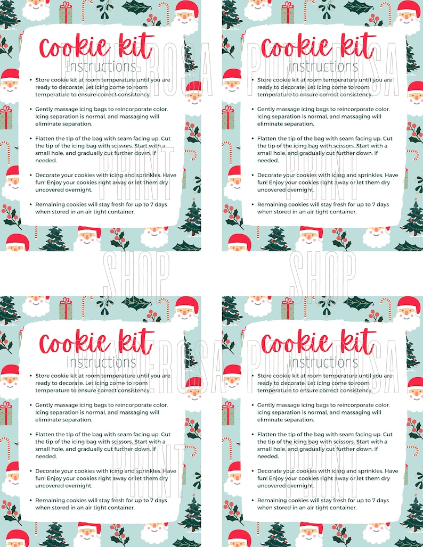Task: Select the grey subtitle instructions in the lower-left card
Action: [x=101, y=362]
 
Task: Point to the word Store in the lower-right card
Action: [x=265, y=376]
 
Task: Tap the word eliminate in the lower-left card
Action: [x=48, y=420]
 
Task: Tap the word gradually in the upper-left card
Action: [x=87, y=153]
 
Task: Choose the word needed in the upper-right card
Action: [x=268, y=160]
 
